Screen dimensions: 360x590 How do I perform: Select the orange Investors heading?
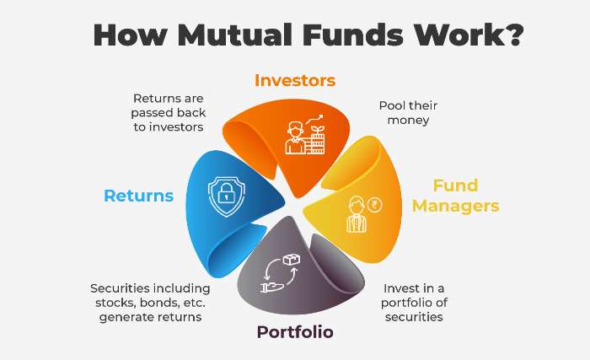(295, 81)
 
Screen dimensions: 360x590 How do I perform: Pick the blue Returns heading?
(139, 196)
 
